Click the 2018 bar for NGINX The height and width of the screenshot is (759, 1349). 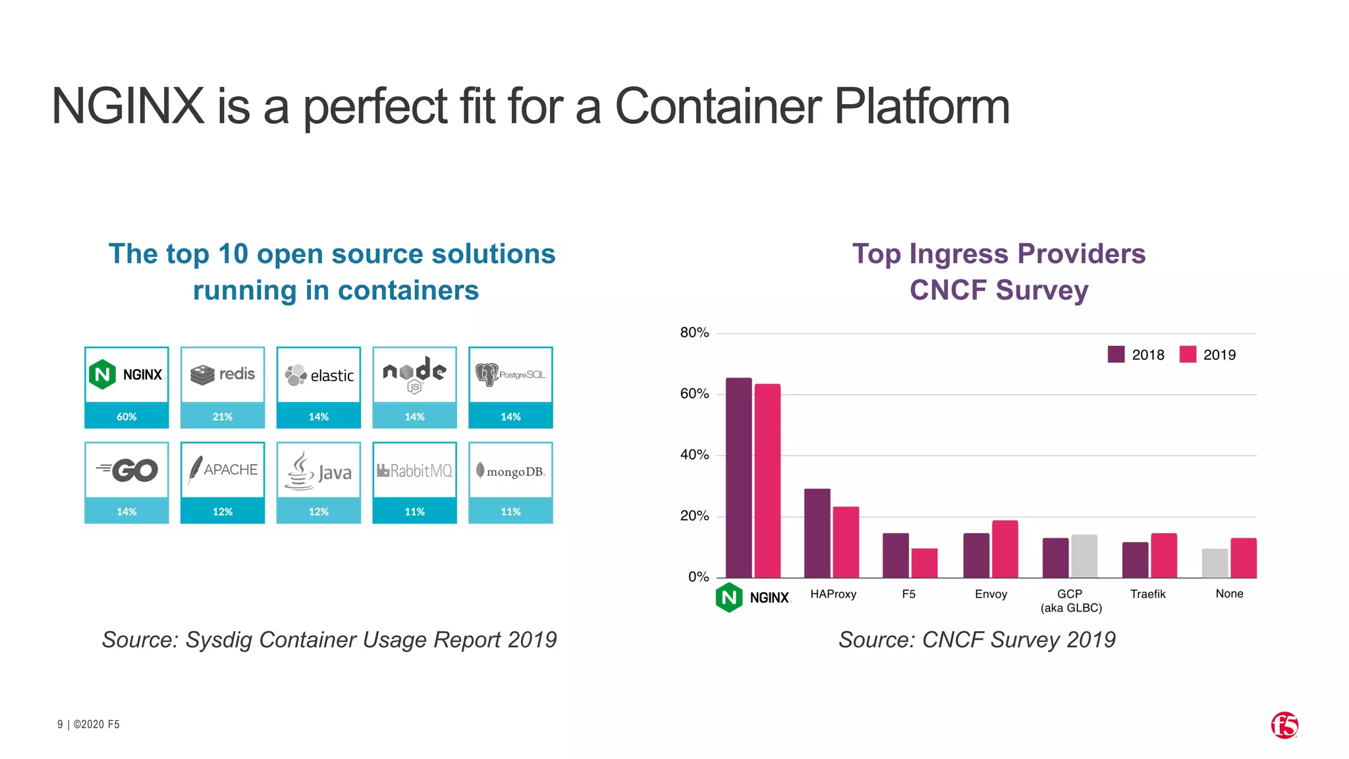pos(738,478)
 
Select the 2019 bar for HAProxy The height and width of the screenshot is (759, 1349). pos(846,542)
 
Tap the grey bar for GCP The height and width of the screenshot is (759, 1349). pos(1084,556)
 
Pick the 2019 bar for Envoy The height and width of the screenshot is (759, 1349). pos(1005,549)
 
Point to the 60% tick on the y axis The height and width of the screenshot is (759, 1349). pos(694,394)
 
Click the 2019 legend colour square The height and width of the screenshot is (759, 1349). pos(1188,354)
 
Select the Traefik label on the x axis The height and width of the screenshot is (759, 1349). pos(1147,594)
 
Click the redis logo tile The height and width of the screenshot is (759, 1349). pos(223,374)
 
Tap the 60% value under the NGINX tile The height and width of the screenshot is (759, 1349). pos(126,416)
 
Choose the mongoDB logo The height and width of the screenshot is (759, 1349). pos(510,470)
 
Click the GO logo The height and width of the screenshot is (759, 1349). pos(127,470)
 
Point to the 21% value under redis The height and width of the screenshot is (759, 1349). pos(223,416)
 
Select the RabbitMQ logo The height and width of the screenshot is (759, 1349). pos(414,470)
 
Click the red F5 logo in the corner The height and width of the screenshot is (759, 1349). pos(1284,725)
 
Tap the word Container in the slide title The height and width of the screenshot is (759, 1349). pos(718,106)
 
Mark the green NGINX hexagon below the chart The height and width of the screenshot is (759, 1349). pos(729,598)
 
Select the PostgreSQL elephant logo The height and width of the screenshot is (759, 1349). pos(487,374)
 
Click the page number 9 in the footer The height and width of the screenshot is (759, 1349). pos(60,725)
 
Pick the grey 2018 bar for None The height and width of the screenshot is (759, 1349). pos(1215,563)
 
